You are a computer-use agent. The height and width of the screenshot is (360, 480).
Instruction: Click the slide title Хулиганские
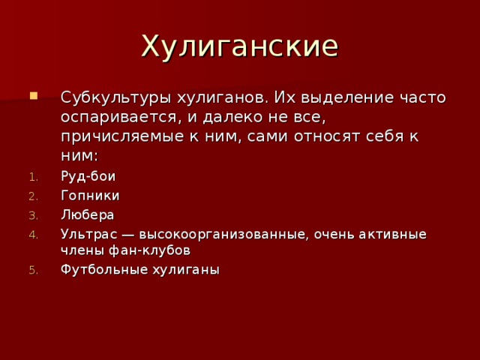(240, 46)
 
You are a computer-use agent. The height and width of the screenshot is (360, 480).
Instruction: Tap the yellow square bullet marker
(31, 97)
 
